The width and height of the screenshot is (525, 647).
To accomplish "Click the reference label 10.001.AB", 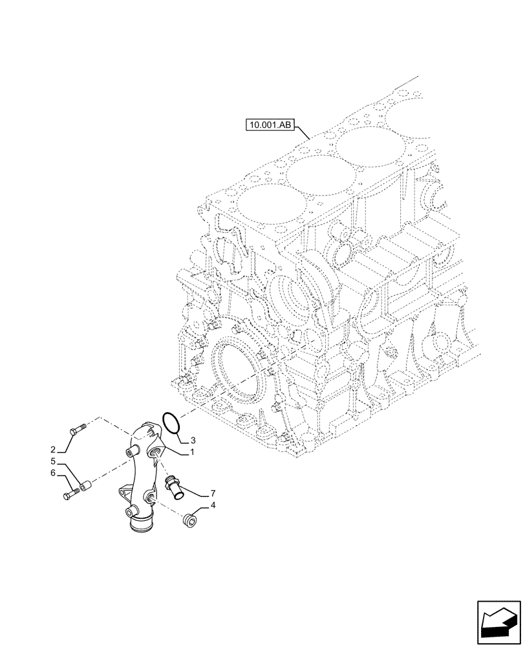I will pyautogui.click(x=270, y=124).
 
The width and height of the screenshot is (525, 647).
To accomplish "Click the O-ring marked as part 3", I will pyautogui.click(x=170, y=422).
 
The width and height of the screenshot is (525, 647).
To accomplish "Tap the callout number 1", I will pyautogui.click(x=191, y=453).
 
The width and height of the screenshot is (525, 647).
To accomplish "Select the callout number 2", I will pyautogui.click(x=52, y=449).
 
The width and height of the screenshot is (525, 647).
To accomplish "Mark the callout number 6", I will pyautogui.click(x=55, y=474).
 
